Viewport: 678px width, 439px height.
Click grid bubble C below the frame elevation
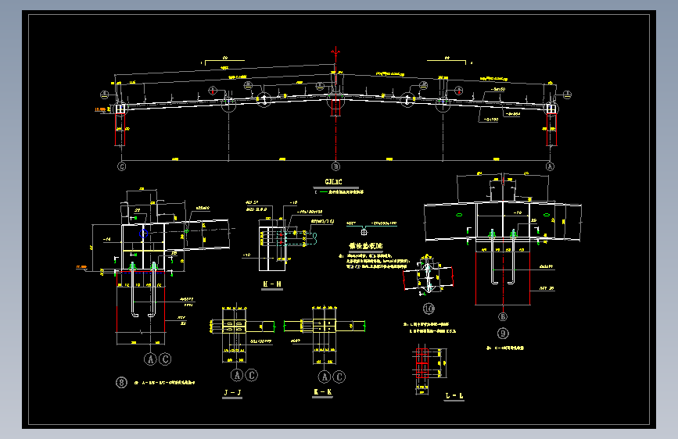click(x=121, y=166)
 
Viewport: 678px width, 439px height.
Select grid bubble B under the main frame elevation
click(x=335, y=166)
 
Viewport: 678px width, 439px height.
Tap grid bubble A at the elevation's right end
click(x=549, y=166)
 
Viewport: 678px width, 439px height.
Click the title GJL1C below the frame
click(x=333, y=181)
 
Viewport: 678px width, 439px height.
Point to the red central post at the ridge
click(x=335, y=107)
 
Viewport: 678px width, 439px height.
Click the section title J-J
click(x=231, y=391)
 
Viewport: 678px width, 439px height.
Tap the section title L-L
click(x=454, y=397)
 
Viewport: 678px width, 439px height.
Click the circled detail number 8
click(x=121, y=382)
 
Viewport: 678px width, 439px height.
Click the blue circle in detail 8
click(x=144, y=232)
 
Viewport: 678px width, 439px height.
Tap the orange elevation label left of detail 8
click(x=81, y=268)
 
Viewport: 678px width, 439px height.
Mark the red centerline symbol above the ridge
click(x=335, y=52)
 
